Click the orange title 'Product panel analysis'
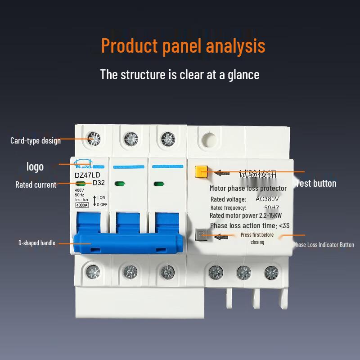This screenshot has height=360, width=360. click(x=183, y=45)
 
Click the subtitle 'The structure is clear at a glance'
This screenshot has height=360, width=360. click(x=180, y=74)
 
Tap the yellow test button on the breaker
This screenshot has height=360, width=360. click(x=201, y=172)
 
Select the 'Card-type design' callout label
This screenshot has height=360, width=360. click(x=36, y=140)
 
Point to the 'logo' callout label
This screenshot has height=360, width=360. click(x=35, y=166)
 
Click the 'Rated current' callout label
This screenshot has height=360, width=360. click(x=36, y=184)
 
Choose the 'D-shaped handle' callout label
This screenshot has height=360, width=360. click(x=37, y=243)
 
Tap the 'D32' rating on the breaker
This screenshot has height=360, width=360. click(x=99, y=183)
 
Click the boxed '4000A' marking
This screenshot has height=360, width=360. click(x=81, y=205)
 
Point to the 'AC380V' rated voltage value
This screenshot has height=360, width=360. click(x=267, y=199)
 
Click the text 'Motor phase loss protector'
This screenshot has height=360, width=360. click(x=248, y=188)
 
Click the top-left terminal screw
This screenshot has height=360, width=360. click(x=94, y=138)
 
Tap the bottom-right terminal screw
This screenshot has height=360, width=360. click(x=271, y=271)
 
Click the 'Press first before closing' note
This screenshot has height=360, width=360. click(x=257, y=238)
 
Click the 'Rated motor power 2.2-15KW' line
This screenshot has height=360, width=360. click(x=249, y=216)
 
